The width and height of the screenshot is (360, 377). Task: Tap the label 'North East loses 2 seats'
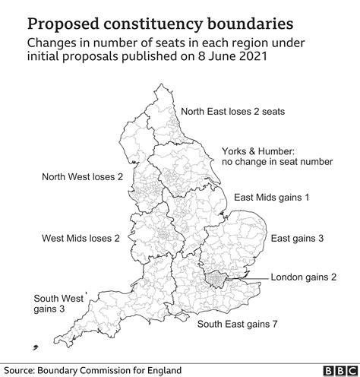[x=232, y=111]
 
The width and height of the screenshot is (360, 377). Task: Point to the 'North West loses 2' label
[x=82, y=177]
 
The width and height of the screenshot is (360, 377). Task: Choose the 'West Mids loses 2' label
[x=81, y=238]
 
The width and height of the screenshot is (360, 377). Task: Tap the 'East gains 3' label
[x=298, y=238]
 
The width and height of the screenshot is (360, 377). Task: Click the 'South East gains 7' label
[x=237, y=325]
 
